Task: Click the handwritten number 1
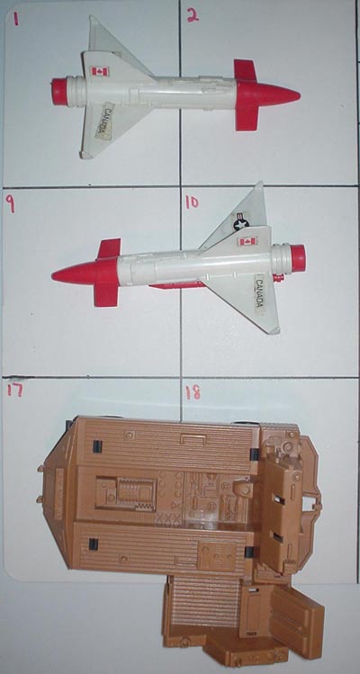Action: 16,19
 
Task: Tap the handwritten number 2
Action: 193,15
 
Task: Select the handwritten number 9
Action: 10,203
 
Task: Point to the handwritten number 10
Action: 192,202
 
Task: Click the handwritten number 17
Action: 14,390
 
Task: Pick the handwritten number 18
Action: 193,392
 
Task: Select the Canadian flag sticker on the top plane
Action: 100,71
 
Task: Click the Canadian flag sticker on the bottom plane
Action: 247,241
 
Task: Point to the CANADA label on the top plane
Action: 104,121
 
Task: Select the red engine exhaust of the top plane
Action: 59,92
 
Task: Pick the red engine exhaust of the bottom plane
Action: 298,258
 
